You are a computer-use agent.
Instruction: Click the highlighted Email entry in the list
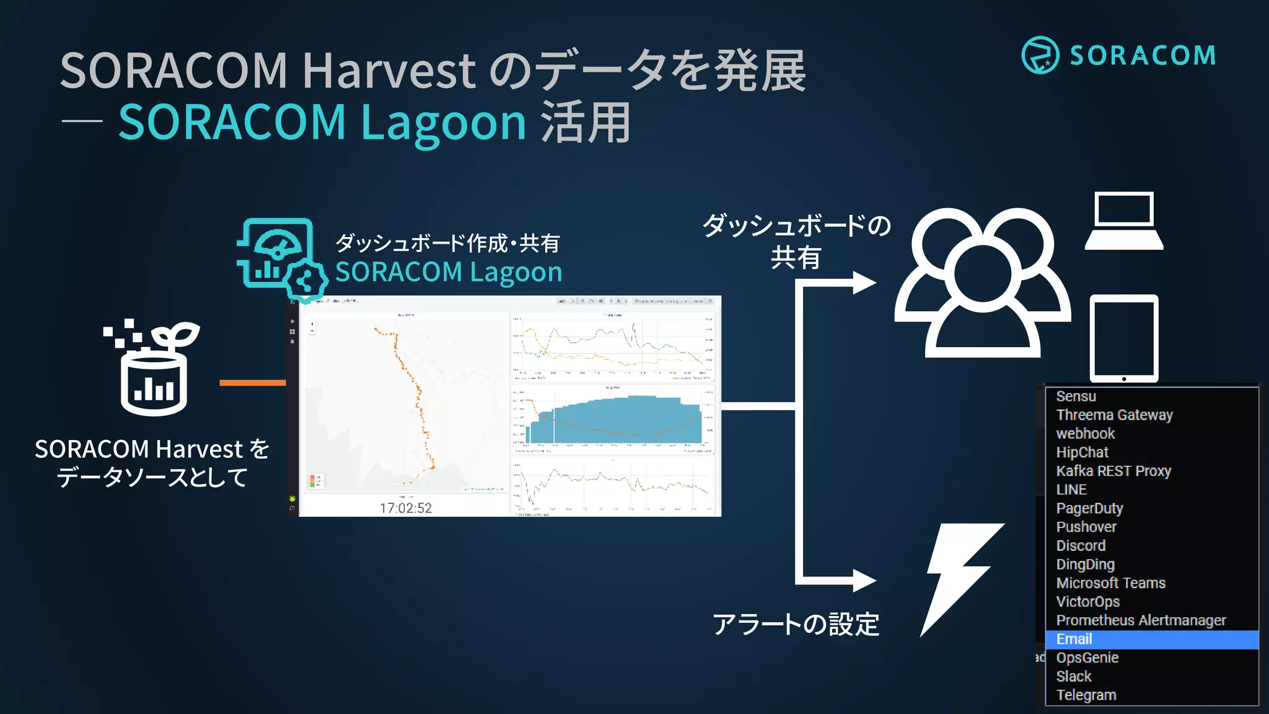[1074, 639]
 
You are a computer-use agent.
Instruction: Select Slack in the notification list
[1074, 676]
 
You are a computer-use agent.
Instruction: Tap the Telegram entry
[1086, 695]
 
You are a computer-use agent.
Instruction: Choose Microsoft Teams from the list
[1110, 583]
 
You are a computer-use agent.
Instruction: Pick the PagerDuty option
[1089, 508]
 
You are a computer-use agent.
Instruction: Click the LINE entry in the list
[1071, 490]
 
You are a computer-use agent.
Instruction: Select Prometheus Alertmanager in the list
[1141, 620]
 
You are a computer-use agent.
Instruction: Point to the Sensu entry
[1076, 396]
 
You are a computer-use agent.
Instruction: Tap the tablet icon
[1124, 338]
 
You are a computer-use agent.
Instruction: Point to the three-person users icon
[983, 282]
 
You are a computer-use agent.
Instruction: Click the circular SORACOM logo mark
[1040, 55]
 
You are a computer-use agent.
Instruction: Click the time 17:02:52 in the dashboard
[406, 508]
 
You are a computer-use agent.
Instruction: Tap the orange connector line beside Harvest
[252, 383]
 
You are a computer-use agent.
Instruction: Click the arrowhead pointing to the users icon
[864, 283]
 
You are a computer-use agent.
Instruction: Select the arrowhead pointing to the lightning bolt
[864, 581]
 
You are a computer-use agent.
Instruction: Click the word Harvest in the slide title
[389, 70]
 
